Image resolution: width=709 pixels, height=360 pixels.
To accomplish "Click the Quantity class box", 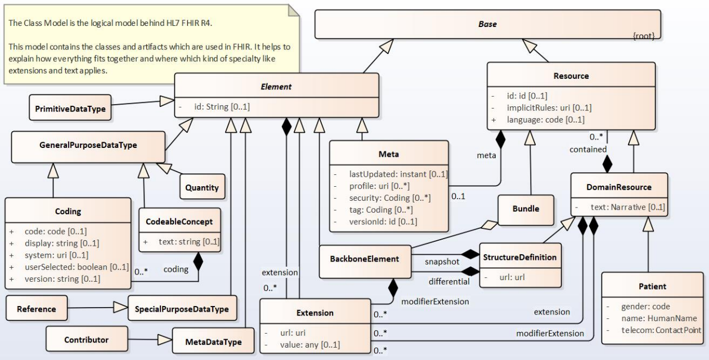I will (202, 188).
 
